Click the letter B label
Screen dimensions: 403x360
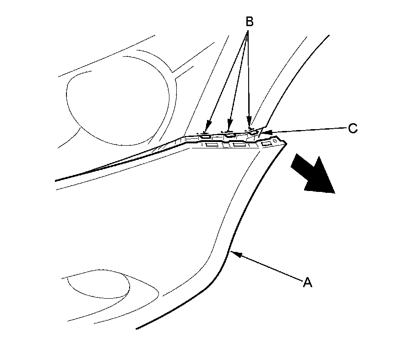pyautogui.click(x=249, y=22)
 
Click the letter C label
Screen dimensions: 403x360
pyautogui.click(x=352, y=128)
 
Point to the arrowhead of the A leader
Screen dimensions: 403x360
pyautogui.click(x=233, y=252)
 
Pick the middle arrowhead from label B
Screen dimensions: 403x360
pyautogui.click(x=229, y=125)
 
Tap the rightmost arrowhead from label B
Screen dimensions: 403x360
pyautogui.click(x=250, y=124)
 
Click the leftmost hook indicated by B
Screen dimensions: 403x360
pyautogui.click(x=206, y=136)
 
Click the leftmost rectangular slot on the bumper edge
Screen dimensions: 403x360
pyautogui.click(x=212, y=145)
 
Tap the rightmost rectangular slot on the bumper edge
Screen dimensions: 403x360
pyautogui.click(x=266, y=144)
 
